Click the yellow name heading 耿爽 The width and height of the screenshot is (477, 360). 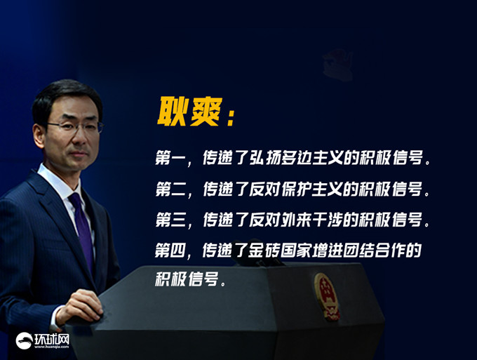[x=189, y=112]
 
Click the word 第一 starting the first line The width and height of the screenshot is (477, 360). [x=170, y=158]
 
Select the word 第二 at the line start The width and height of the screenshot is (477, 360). [x=170, y=189]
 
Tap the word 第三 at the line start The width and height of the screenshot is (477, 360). [x=170, y=220]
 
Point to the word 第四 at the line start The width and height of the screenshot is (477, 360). [x=170, y=250]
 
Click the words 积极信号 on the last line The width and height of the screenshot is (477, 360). [x=187, y=279]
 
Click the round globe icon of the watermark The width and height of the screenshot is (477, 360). [x=24, y=340]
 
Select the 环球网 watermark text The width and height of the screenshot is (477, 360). [x=52, y=340]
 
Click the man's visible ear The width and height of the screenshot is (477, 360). [x=39, y=136]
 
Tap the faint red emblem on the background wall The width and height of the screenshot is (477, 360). [x=337, y=65]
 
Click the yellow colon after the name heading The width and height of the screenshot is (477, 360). [x=231, y=117]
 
